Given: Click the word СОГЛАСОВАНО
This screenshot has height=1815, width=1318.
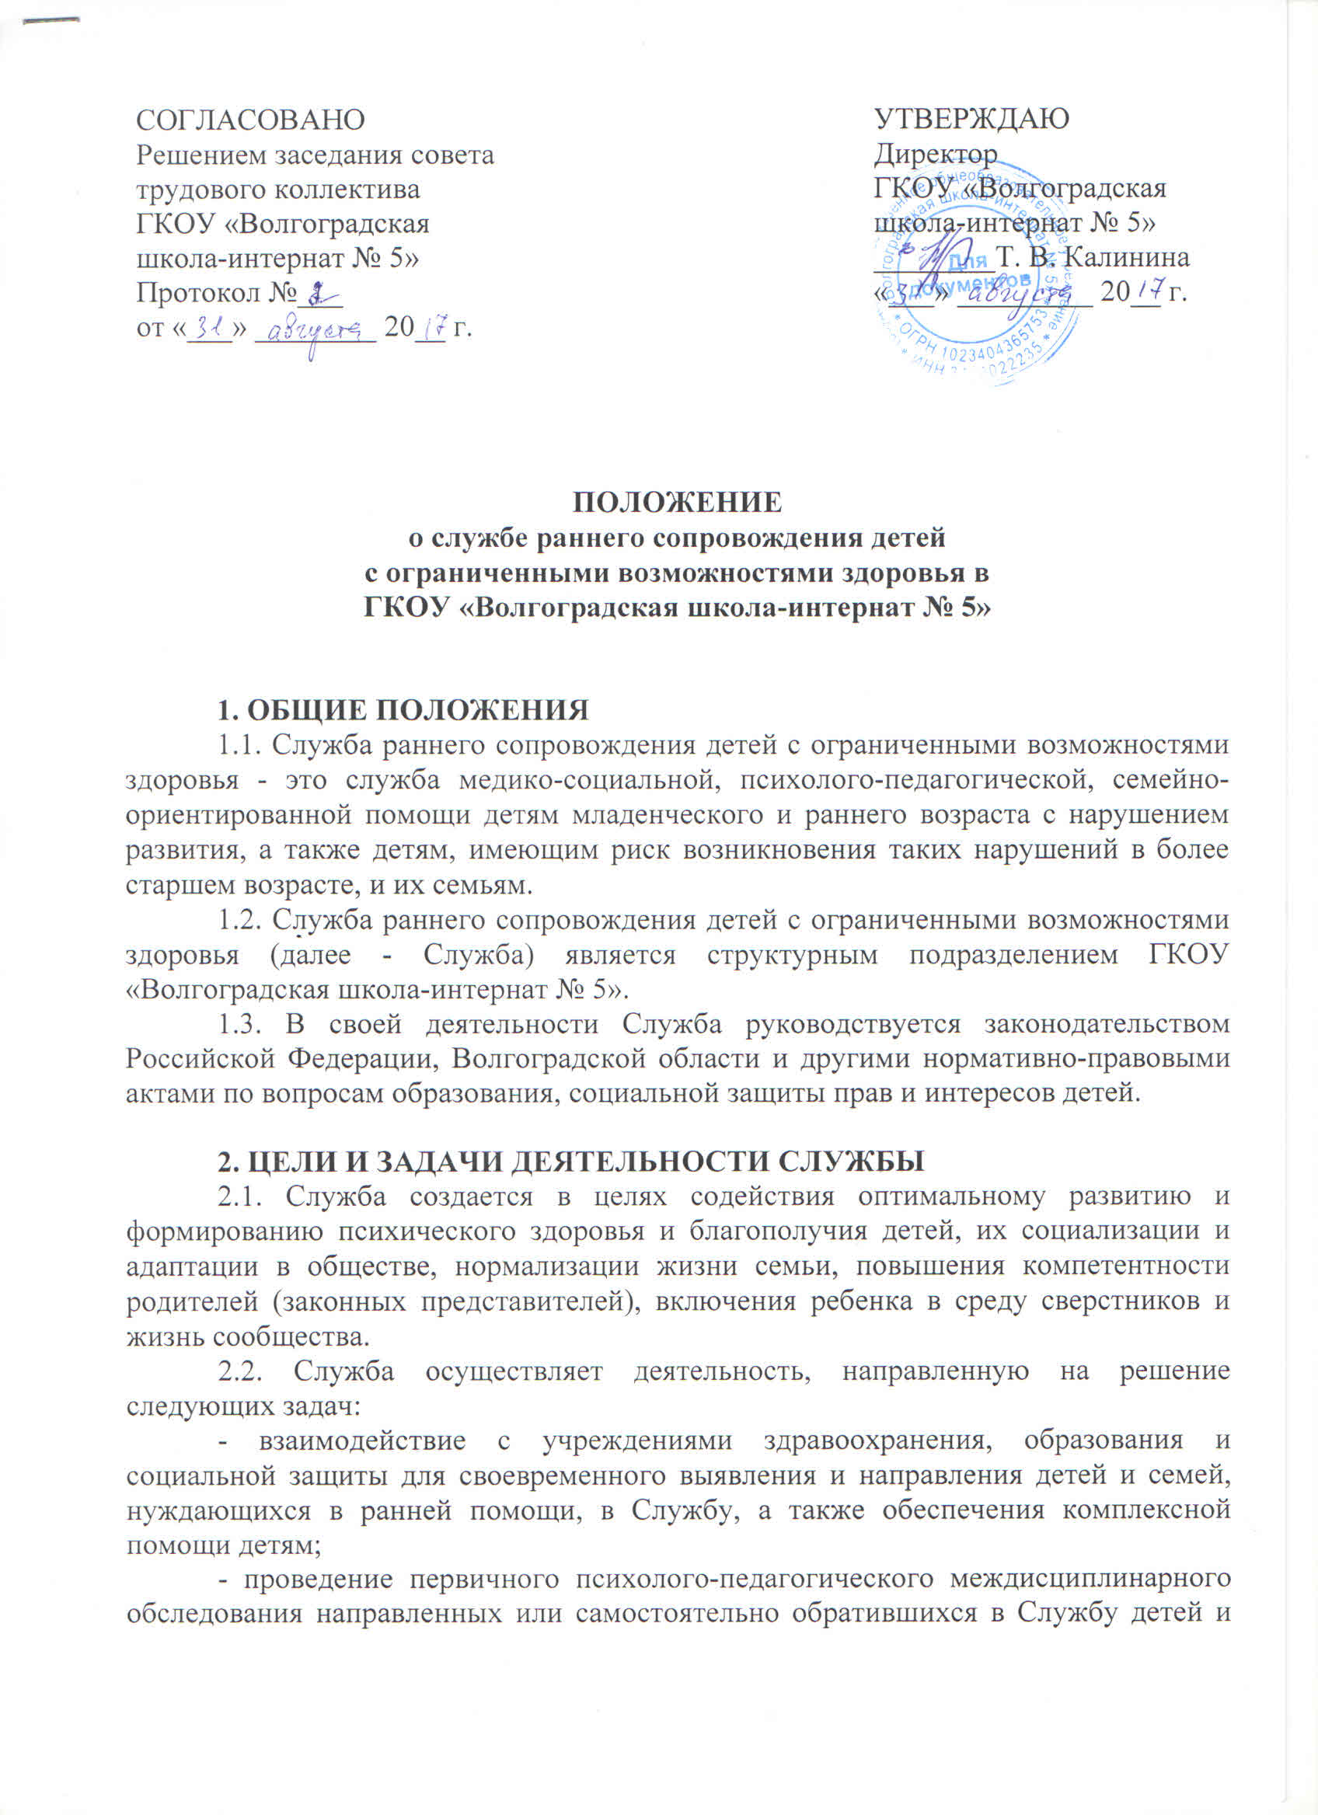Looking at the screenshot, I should [x=250, y=120].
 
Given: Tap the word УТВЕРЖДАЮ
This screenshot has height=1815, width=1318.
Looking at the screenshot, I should [x=972, y=119].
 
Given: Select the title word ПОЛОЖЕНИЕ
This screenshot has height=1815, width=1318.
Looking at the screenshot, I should [x=677, y=501].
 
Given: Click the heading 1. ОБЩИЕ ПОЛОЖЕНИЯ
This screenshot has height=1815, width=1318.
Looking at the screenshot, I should [x=404, y=709].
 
